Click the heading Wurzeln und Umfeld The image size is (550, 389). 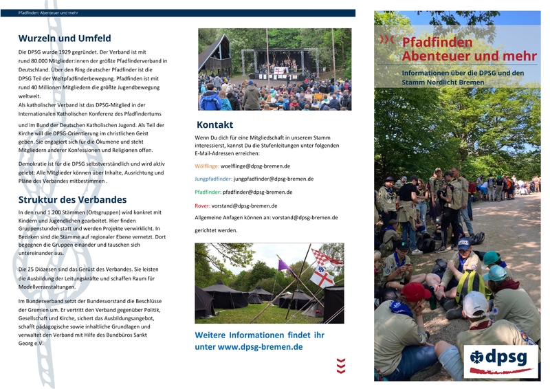65,38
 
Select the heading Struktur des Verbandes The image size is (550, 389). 72,199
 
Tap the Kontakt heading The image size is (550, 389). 214,124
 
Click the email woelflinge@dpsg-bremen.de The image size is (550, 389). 256,166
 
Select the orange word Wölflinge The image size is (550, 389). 208,166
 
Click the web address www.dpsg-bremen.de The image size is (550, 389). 261,347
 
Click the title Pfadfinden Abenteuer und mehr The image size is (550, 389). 447,48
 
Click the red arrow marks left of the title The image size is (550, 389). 388,40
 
